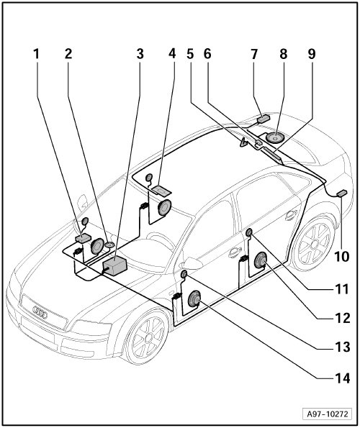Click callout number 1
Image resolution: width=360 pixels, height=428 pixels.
click(x=36, y=54)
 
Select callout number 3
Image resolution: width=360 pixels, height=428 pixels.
click(x=140, y=54)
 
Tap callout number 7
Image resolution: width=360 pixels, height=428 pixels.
click(x=254, y=54)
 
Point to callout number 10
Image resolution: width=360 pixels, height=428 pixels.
click(x=341, y=256)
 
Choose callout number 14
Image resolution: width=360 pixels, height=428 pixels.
click(x=342, y=378)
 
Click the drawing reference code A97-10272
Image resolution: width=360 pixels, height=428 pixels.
click(x=328, y=414)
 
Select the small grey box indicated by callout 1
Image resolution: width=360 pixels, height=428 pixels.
click(x=83, y=238)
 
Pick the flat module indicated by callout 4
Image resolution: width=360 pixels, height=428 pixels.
click(x=161, y=190)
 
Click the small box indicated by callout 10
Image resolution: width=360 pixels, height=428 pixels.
click(x=342, y=193)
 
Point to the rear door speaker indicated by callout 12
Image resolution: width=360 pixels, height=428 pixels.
click(x=261, y=260)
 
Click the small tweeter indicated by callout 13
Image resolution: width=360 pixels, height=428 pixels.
click(x=184, y=274)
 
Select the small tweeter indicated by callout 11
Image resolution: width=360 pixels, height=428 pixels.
click(x=249, y=233)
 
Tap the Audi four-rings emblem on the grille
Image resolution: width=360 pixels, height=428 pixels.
click(x=40, y=312)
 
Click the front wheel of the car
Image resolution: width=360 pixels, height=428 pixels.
click(x=147, y=337)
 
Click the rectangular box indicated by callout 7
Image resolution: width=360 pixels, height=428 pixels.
click(x=263, y=118)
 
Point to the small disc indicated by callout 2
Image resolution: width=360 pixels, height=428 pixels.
click(x=109, y=245)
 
